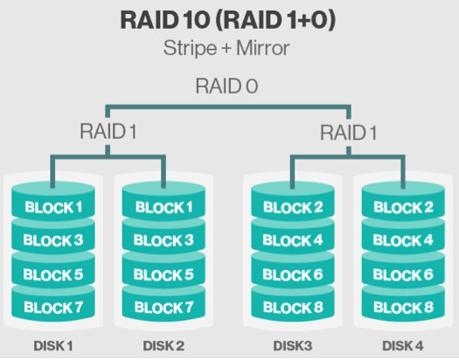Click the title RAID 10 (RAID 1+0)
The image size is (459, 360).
pyautogui.click(x=229, y=20)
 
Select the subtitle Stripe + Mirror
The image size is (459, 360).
pyautogui.click(x=229, y=48)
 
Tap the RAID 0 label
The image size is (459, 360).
pyautogui.click(x=228, y=88)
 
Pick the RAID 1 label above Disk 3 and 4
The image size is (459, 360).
pyautogui.click(x=348, y=133)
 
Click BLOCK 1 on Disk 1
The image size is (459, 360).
pyautogui.click(x=53, y=208)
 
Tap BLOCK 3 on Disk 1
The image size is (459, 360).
pyautogui.click(x=53, y=240)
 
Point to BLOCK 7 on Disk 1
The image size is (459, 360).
pyautogui.click(x=53, y=307)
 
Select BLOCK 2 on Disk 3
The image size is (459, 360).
pyautogui.click(x=292, y=208)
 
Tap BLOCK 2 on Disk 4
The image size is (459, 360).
pyautogui.click(x=403, y=208)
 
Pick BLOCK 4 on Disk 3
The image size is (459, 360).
pyautogui.click(x=292, y=240)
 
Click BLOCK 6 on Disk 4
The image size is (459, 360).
pyautogui.click(x=403, y=273)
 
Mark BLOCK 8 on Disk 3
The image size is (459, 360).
pyautogui.click(x=292, y=307)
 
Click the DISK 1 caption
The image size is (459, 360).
pyautogui.click(x=53, y=346)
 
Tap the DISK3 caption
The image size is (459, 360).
pyautogui.click(x=292, y=346)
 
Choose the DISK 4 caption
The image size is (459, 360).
pyautogui.click(x=403, y=346)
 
